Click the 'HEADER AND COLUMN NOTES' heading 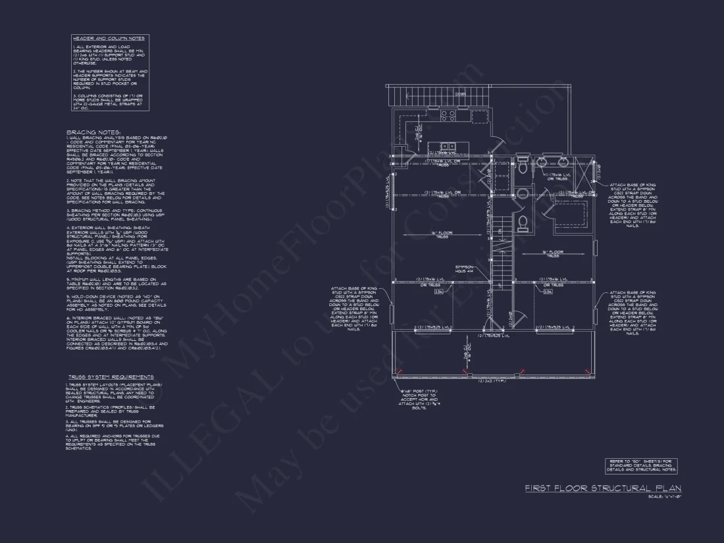pyautogui.click(x=109, y=39)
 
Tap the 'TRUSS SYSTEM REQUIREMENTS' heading pyautogui.click(x=111, y=377)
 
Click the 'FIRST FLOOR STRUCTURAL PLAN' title pyautogui.click(x=603, y=488)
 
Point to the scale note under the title pyautogui.click(x=664, y=496)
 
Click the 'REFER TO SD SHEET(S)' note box pyautogui.click(x=640, y=465)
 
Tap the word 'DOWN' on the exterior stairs pyautogui.click(x=460, y=93)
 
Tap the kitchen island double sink pyautogui.click(x=447, y=146)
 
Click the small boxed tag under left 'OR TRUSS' pyautogui.click(x=438, y=291)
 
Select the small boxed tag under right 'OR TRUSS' pyautogui.click(x=548, y=291)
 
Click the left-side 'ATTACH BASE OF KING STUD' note pyautogui.click(x=355, y=309)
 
